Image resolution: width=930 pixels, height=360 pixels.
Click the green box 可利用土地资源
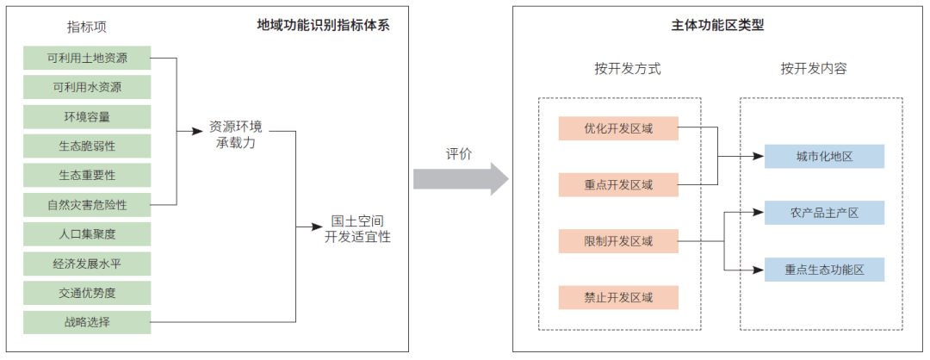click(87, 58)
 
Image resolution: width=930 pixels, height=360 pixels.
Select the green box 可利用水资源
click(87, 87)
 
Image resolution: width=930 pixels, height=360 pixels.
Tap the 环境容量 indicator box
click(87, 116)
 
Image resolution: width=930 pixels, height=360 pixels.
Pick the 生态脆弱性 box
click(87, 146)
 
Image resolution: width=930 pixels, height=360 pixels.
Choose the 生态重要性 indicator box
click(87, 175)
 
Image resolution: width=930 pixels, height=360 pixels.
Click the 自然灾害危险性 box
click(87, 205)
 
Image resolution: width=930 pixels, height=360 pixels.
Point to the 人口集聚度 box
click(87, 234)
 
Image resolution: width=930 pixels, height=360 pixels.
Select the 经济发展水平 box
click(87, 264)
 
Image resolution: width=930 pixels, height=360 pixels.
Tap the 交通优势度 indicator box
click(87, 293)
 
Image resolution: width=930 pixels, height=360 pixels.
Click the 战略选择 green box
click(87, 322)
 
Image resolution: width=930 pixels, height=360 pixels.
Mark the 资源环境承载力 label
click(236, 133)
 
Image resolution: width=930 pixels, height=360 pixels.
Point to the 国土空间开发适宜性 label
click(357, 228)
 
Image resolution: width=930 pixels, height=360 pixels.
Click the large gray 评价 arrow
click(461, 178)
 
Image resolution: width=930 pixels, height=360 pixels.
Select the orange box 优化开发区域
click(618, 128)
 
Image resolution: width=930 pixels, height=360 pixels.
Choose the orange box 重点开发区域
click(618, 184)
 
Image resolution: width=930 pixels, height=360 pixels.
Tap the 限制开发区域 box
click(618, 241)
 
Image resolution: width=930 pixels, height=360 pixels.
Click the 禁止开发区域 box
click(618, 298)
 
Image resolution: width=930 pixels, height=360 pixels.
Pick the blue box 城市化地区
click(824, 156)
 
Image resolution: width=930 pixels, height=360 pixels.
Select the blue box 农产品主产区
click(824, 213)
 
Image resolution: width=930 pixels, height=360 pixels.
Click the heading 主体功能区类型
click(717, 26)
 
